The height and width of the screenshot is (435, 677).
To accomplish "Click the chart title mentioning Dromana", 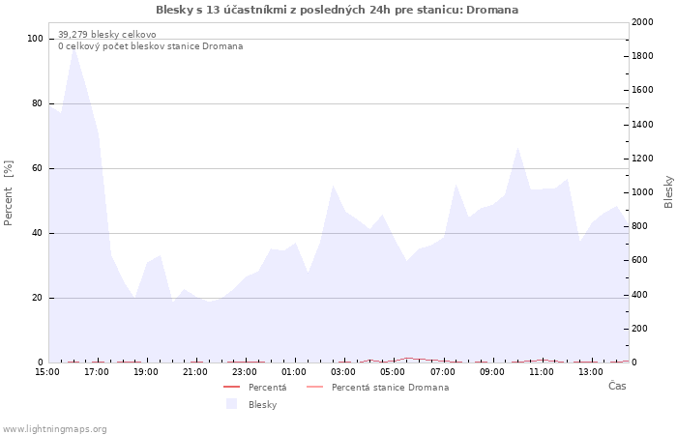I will point(337,10).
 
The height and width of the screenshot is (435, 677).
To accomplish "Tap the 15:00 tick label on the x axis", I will point(47,371).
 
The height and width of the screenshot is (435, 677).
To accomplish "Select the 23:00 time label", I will point(245,371).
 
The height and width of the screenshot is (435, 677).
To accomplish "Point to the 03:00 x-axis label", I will point(343,371).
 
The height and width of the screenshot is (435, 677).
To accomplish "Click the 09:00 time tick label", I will point(492,371).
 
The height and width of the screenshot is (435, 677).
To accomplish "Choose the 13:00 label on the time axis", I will point(591,371).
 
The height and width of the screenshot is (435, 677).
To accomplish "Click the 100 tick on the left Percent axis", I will point(35,39).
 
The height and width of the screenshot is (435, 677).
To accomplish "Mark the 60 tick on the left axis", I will point(38,168).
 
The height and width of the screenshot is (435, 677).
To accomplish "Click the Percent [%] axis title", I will point(9,193).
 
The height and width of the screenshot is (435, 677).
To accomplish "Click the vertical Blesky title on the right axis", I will point(668,191).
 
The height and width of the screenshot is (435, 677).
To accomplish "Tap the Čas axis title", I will point(616,387).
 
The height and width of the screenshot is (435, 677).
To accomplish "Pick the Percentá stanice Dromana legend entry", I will point(390,388).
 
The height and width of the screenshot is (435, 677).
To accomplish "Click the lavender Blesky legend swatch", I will point(231,404).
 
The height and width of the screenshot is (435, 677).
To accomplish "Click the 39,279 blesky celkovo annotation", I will point(106,35).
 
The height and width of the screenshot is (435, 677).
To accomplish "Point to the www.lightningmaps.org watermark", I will point(54,429).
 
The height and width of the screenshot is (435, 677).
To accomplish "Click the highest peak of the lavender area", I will point(74,44).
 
